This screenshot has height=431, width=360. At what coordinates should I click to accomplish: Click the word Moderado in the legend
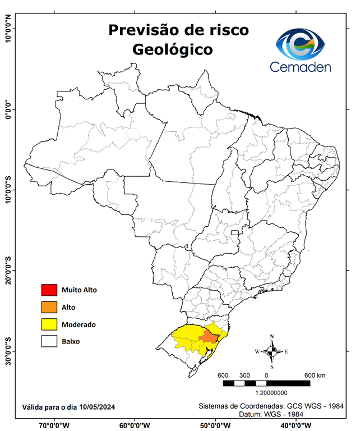tap(79, 324)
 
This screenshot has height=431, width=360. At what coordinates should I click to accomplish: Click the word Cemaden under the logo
tap(301, 67)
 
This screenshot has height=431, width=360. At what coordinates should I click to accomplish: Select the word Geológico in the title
tap(173, 49)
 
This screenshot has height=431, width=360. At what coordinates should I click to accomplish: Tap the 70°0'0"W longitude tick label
tap(54, 425)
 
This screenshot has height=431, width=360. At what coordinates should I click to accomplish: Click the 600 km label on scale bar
tap(315, 375)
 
